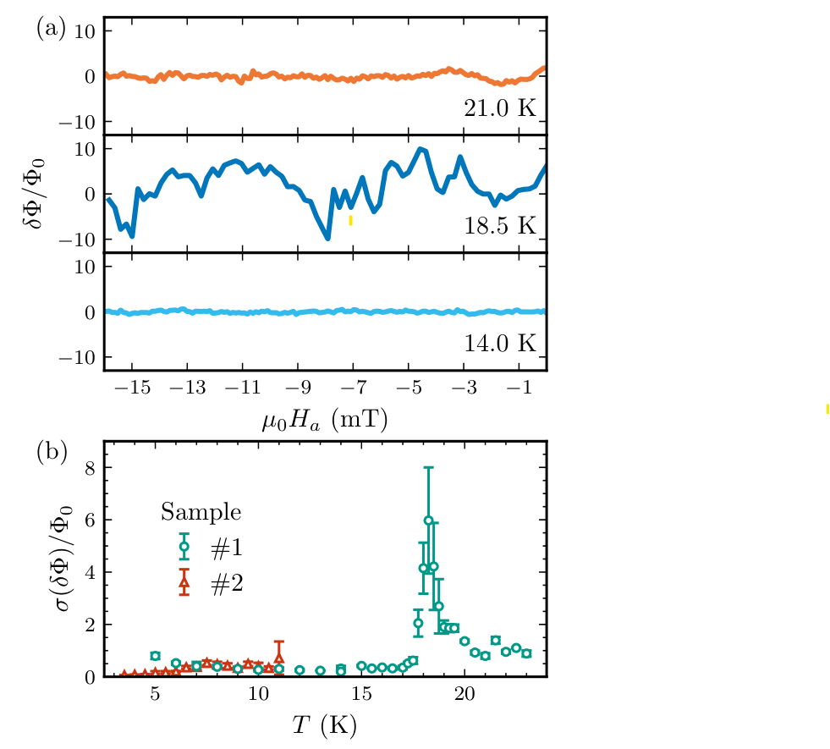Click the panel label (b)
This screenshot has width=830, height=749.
coord(52,451)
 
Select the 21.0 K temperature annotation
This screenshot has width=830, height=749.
coord(499,107)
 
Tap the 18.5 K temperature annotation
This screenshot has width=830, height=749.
coord(499,226)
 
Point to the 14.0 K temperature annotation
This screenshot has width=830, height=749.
coord(499,343)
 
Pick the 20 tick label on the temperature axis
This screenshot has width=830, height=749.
coord(464,695)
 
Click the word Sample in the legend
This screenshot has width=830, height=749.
coord(201,511)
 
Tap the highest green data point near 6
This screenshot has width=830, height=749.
coord(429,520)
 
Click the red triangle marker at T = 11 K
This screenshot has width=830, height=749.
coord(279,657)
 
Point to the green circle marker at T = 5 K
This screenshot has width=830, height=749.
coord(155,656)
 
